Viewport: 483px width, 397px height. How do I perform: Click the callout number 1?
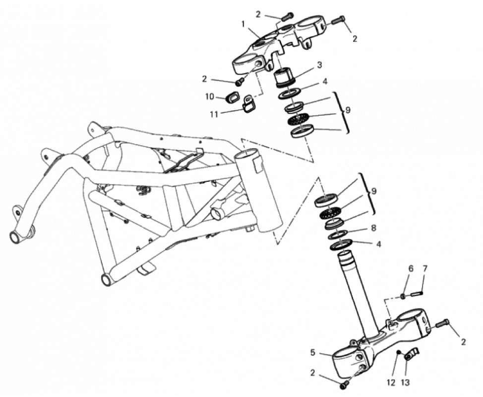pos(243,24)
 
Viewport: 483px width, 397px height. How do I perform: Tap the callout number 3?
pos(319,65)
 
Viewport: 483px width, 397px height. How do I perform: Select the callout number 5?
pos(313,353)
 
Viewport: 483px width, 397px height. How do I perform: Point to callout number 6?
pos(411,269)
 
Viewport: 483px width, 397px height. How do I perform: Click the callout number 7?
pos(425,269)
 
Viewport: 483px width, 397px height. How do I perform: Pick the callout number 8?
pos(373,228)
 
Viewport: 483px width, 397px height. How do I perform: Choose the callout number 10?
pos(209,96)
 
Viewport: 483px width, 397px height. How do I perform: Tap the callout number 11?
pos(214,114)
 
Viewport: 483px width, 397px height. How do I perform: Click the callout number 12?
pos(391,383)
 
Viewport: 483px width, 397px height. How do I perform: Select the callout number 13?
pos(405,383)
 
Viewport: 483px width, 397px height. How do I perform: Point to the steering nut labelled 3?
pos(285,77)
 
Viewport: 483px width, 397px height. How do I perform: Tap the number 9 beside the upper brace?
pos(348,110)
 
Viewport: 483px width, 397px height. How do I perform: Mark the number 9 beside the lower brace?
pos(373,191)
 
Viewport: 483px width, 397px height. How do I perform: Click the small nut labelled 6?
pos(402,296)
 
